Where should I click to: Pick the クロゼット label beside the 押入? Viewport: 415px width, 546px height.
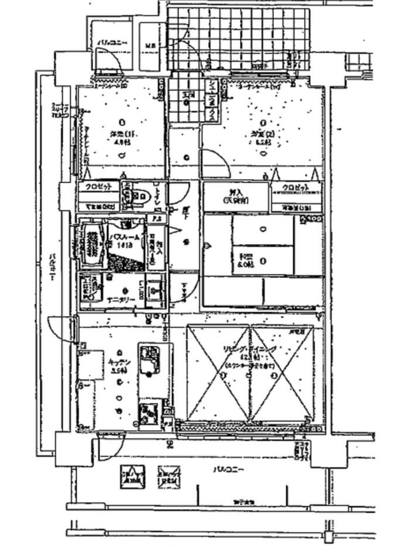click(x=296, y=188)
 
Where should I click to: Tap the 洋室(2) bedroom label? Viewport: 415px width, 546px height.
click(x=261, y=136)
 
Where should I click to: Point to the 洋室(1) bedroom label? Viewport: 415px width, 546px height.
click(x=121, y=136)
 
